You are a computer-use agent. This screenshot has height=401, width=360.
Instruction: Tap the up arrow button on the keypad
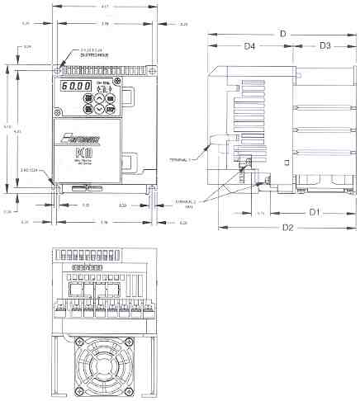coord(99,97)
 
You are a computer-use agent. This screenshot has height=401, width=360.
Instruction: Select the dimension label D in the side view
coord(283,33)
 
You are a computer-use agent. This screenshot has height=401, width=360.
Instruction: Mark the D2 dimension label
coord(287,227)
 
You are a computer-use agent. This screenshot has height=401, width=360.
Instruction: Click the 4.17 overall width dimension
coord(103,8)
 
